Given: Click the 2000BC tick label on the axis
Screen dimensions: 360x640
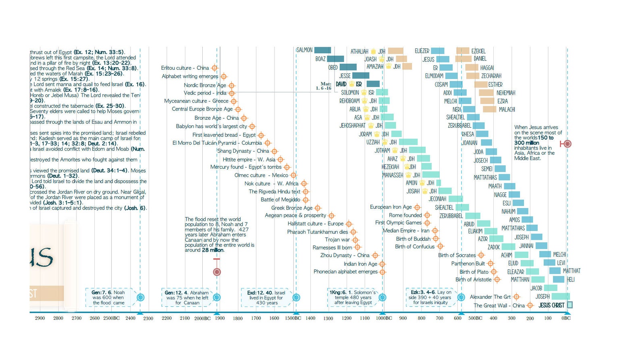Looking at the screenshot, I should pos(202,318).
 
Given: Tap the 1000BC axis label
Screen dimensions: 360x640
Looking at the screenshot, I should pos(384,318).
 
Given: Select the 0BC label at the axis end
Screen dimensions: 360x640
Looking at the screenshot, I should pos(566,318).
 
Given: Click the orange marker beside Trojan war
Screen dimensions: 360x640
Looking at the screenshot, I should pos(355,240).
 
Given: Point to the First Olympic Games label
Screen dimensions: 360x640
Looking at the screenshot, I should pos(398,223).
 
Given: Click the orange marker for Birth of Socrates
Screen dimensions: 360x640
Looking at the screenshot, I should pos(481,255).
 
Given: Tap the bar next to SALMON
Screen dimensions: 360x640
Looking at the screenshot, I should pos(322,50).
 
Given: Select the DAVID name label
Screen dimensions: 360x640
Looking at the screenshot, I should pos(341,84).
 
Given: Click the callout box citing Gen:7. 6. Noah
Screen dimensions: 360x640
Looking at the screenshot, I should pos(108,298).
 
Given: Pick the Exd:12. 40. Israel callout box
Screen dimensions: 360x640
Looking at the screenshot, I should pos(266,298).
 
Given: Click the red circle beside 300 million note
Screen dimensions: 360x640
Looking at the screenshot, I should pos(567,144).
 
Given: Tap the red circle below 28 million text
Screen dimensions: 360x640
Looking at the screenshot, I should pos(217,272).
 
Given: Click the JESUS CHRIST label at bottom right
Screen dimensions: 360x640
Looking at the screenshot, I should pos(551,305).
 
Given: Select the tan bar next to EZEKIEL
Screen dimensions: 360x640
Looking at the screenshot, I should pos(463,51).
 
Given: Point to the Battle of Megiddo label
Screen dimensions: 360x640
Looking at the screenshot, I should pos(280,200).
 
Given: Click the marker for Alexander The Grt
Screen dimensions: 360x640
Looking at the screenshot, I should pos(516,297).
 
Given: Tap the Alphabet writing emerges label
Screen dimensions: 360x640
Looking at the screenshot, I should pos(190,76).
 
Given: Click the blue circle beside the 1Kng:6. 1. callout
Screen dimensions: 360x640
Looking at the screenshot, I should pos(382,298).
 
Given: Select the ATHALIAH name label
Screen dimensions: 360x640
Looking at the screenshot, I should pos(359,52).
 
